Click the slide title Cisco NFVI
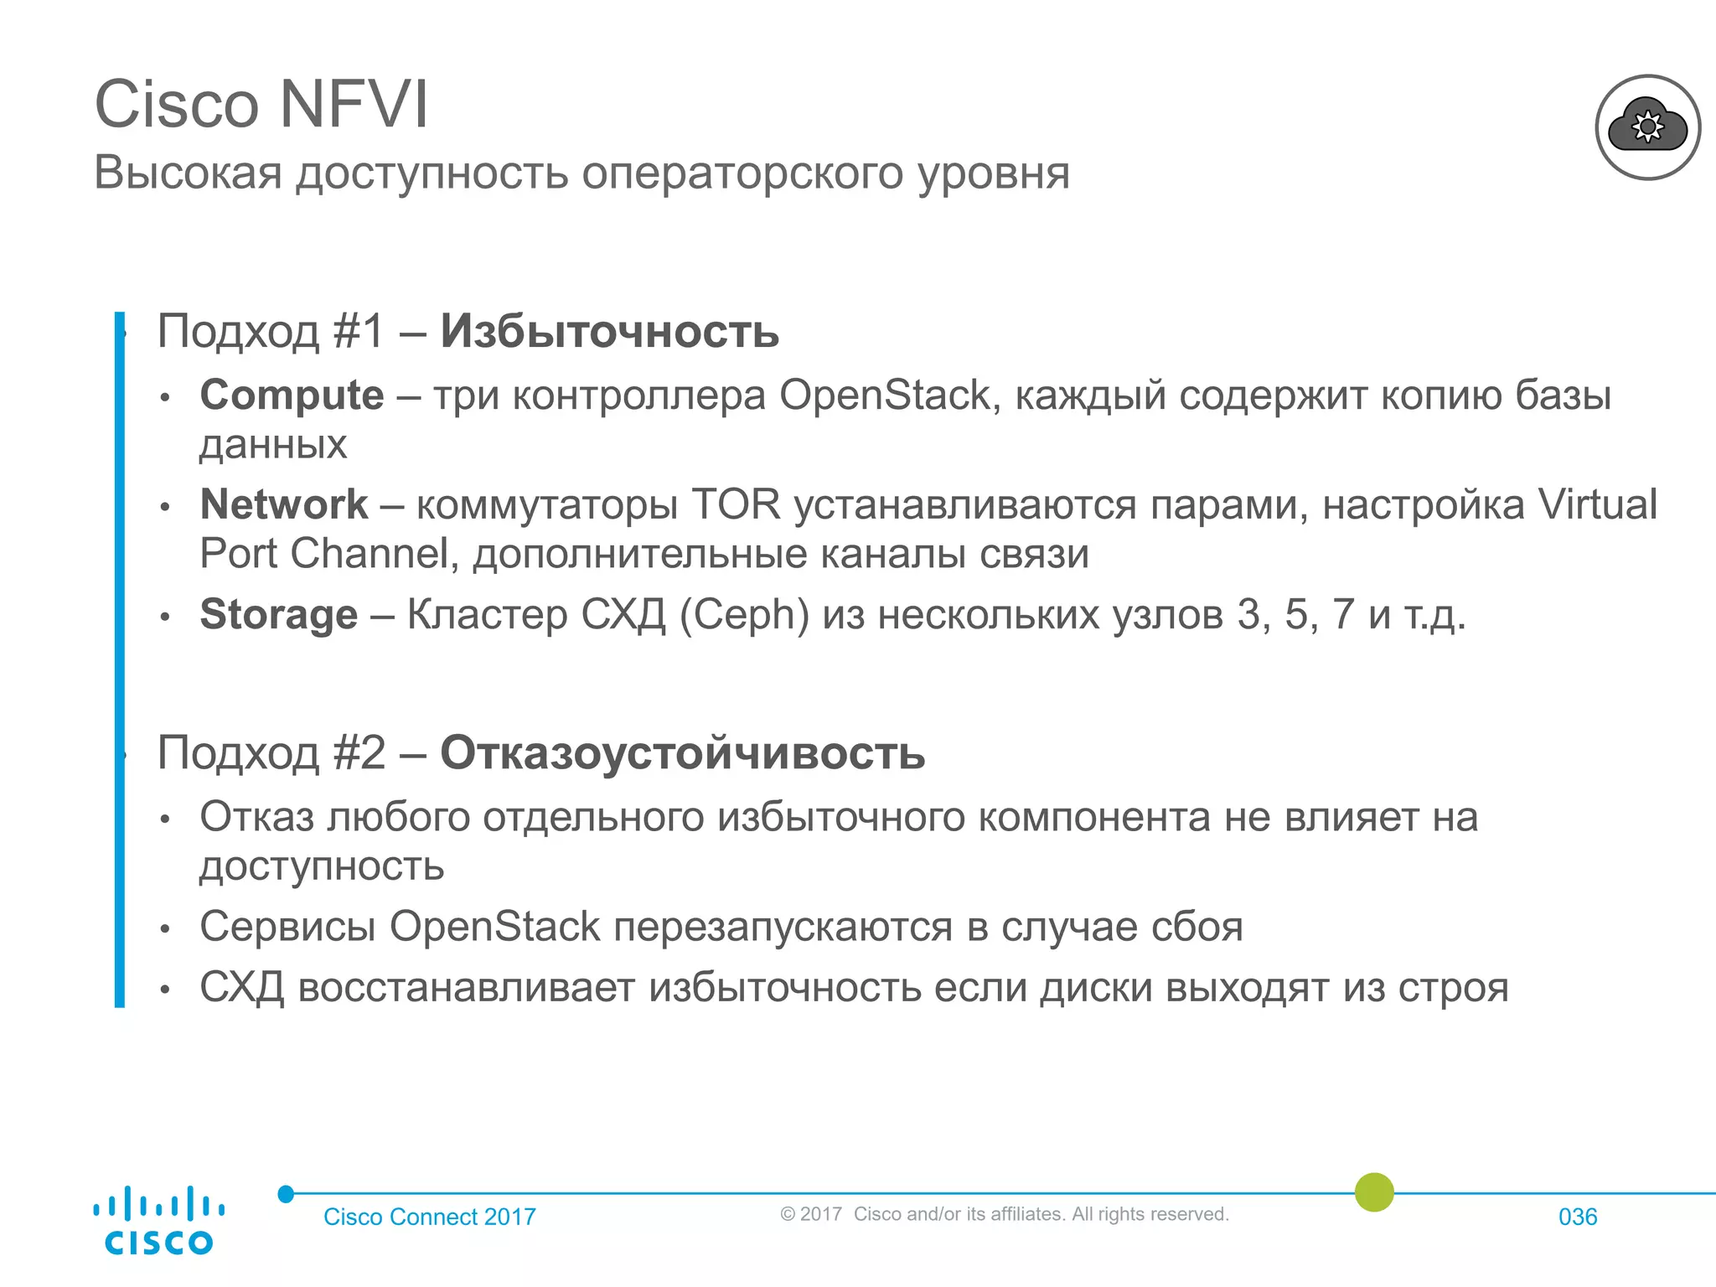[261, 105]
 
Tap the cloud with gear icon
[1647, 127]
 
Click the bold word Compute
[292, 395]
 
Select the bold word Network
[283, 504]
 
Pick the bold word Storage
[278, 614]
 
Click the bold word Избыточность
[609, 331]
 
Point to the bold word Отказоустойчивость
[682, 752]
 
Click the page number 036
[1577, 1217]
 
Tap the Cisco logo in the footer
[158, 1221]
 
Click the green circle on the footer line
[1374, 1191]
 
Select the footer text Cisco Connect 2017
[429, 1217]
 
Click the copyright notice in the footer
[1004, 1214]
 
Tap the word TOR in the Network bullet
[736, 504]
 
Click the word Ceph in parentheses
[744, 614]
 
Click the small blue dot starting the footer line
[286, 1194]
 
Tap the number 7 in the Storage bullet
[1343, 614]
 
